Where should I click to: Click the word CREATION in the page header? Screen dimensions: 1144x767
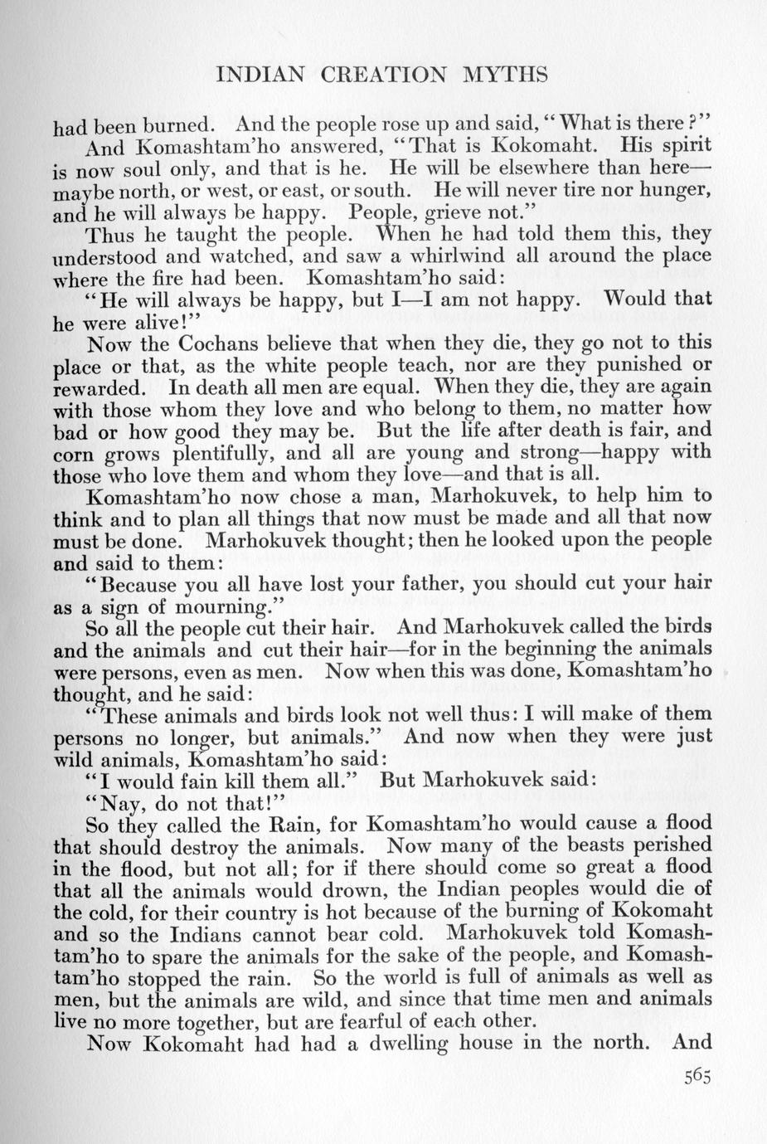(367, 75)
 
